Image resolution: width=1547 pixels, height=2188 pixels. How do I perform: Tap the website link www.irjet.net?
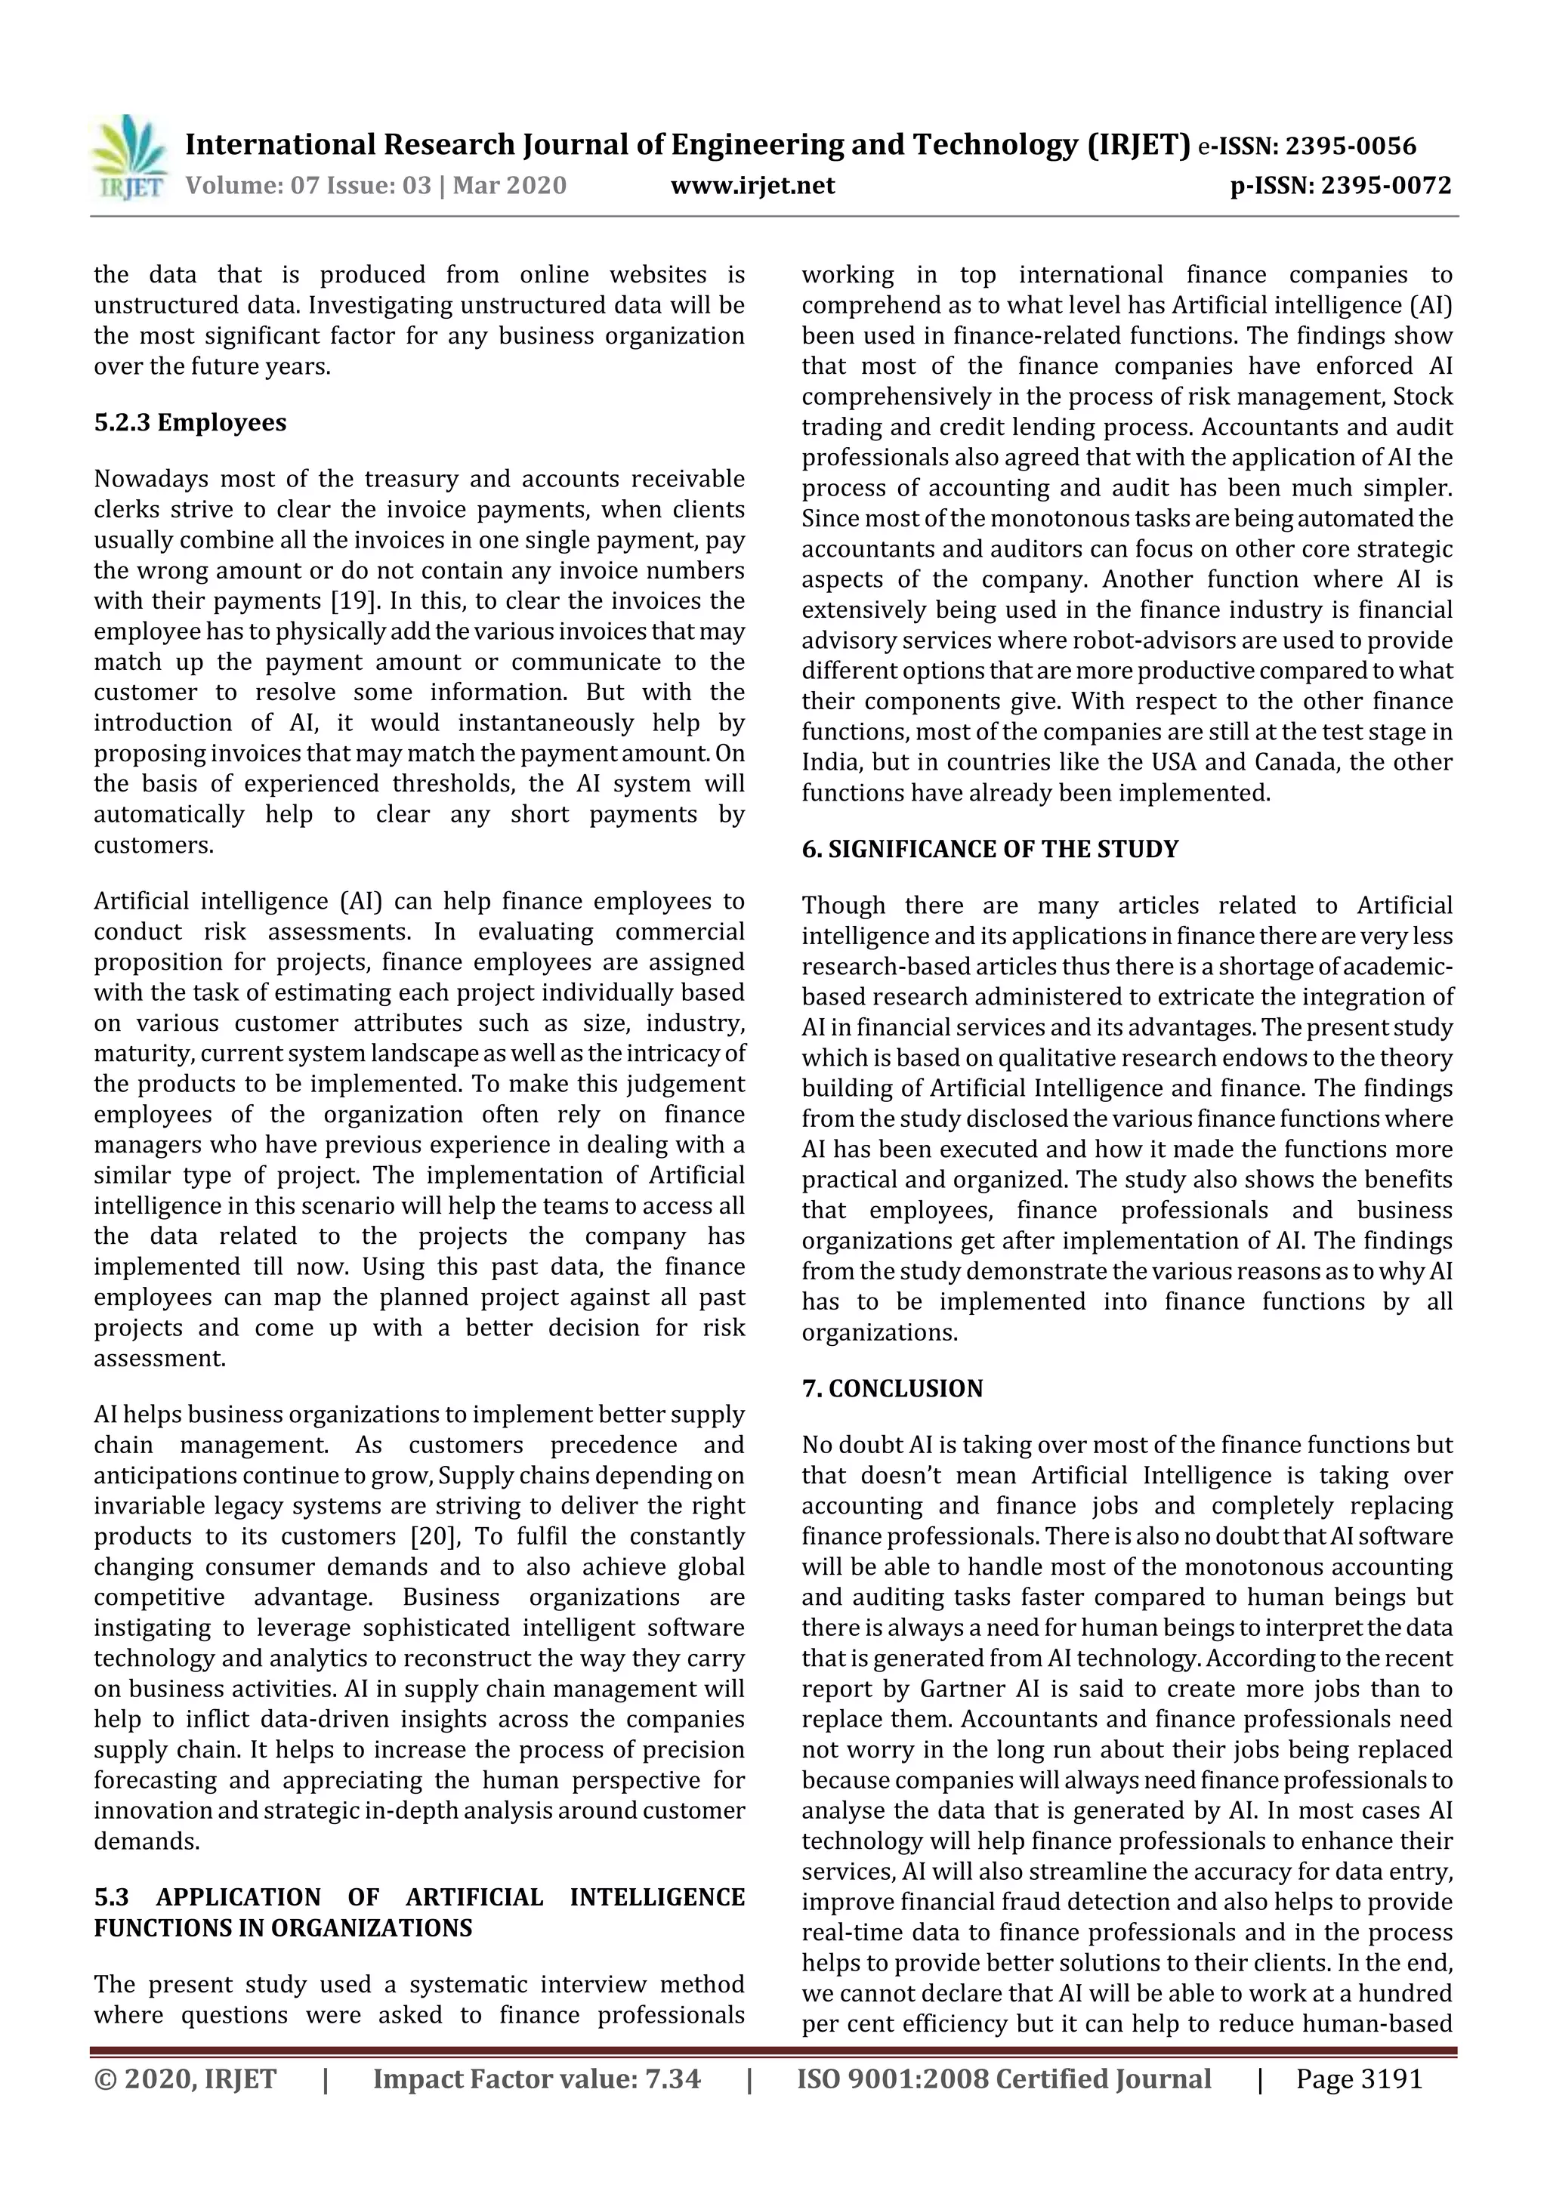click(752, 186)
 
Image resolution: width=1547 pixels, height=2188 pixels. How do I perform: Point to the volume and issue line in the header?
click(375, 186)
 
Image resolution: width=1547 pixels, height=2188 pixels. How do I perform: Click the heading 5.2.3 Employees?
click(190, 422)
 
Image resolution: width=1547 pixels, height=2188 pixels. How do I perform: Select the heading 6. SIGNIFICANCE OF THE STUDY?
click(990, 849)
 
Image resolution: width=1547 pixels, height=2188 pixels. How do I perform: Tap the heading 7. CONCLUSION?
click(891, 1388)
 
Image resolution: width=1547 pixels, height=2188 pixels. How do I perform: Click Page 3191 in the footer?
click(1358, 2079)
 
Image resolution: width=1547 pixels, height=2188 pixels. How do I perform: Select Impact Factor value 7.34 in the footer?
click(536, 2079)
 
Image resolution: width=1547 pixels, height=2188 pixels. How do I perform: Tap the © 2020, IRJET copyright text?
click(185, 2079)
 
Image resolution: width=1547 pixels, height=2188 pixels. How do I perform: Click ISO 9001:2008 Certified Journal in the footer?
click(1004, 2079)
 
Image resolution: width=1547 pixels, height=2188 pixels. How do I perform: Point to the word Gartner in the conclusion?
click(962, 1690)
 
